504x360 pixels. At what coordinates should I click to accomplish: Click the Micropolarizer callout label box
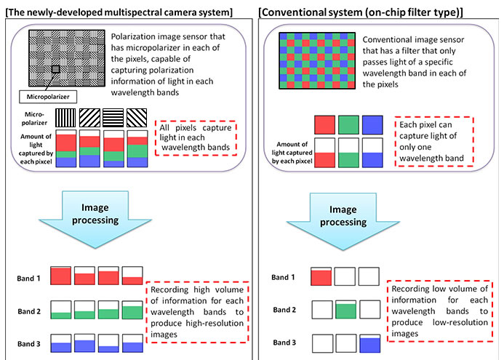point(48,97)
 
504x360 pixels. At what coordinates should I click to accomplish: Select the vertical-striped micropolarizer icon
point(65,118)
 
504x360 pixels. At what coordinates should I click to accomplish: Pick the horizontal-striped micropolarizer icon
point(113,118)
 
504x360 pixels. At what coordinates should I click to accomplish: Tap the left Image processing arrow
point(95,220)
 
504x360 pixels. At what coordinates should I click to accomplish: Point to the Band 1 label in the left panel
point(28,279)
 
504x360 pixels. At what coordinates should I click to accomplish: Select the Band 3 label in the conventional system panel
point(284,343)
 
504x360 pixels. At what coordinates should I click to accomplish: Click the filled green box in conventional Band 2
point(346,310)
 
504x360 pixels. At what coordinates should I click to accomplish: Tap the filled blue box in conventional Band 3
point(370,343)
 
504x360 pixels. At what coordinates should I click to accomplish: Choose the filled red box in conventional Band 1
point(321,276)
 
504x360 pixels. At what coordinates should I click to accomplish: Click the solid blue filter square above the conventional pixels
point(372,124)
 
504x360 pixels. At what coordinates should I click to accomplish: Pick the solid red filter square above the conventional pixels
point(324,124)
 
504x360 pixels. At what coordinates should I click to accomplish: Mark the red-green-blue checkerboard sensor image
point(317,60)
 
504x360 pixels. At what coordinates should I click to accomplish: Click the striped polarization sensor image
point(67,58)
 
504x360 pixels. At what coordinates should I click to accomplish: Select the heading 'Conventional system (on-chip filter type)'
point(361,12)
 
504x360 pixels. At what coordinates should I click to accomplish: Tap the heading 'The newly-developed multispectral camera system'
point(119,12)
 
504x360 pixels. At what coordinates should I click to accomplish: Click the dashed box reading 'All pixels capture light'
point(196,138)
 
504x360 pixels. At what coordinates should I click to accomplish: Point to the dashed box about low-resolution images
point(440,311)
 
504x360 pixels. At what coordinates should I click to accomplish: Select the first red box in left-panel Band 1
point(61,276)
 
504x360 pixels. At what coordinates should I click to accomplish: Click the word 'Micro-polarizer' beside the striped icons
point(34,119)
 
